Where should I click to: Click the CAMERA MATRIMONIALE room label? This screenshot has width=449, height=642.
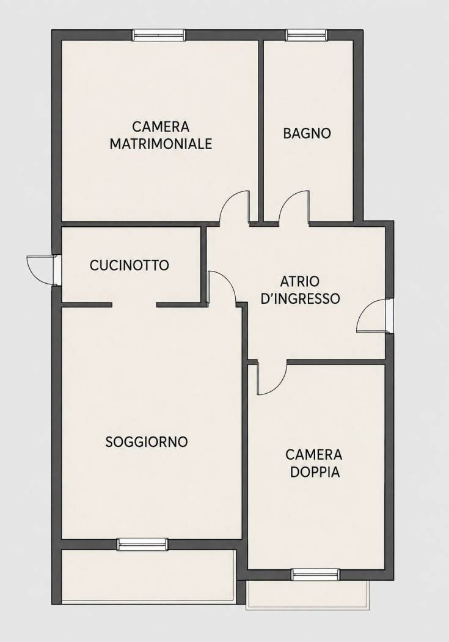point(161,135)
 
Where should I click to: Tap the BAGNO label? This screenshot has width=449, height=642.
point(307,133)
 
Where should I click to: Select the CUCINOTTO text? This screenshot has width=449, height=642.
point(130,265)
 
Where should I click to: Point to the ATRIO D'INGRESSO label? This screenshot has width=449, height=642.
point(300,290)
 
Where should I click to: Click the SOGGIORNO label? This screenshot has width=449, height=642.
point(147,442)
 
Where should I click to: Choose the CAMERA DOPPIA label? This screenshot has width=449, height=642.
point(314,463)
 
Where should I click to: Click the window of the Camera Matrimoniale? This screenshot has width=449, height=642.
point(159,35)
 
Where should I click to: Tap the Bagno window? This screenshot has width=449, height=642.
point(307,35)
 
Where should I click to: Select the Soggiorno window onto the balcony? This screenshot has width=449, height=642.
point(143,544)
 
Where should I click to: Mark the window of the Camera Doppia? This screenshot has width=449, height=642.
point(315,575)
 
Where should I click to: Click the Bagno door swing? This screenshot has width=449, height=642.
point(294,208)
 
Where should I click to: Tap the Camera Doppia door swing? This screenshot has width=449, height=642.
point(271,378)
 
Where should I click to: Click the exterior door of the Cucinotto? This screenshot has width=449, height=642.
point(42,270)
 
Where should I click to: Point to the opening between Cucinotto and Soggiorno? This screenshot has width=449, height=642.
point(134,304)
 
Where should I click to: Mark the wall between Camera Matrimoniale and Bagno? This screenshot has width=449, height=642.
point(261,131)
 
